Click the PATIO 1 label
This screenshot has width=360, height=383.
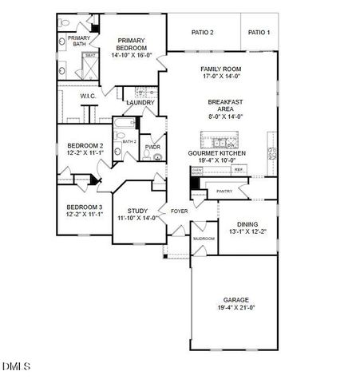coord(259,32)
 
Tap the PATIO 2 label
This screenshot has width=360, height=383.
coord(202,32)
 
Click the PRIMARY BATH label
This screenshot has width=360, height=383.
coord(79,41)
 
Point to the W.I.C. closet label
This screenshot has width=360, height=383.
coord(88,96)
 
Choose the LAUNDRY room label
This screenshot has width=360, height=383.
coord(140,102)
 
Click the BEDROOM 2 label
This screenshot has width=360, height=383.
coord(84,145)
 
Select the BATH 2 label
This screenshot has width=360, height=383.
coord(129,141)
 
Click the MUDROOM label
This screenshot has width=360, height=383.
coord(204,238)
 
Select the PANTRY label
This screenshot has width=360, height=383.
coord(224,191)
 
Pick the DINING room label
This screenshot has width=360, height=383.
coord(247,224)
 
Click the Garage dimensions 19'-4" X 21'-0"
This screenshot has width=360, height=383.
coord(235,307)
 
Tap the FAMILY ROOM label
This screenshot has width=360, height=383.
coord(220,69)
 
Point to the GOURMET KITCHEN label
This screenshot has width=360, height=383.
coord(216,152)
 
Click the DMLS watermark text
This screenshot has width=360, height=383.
coord(16,366)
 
